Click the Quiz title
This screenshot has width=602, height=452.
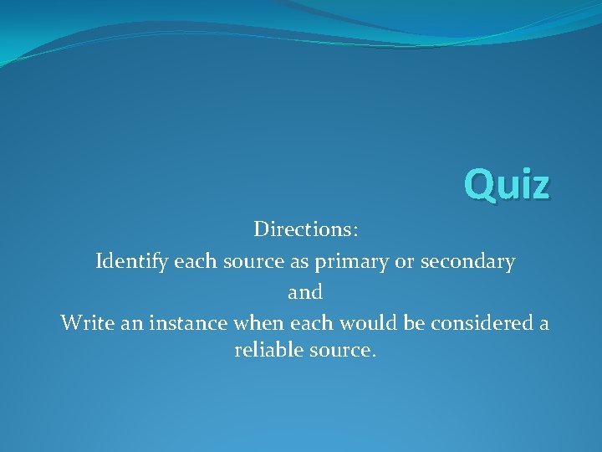pos(508,184)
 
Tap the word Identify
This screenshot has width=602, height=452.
pos(131,261)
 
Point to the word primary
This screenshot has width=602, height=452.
pos(352,262)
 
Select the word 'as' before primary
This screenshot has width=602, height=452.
pos(300,262)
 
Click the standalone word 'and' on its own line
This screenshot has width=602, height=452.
pos(305,293)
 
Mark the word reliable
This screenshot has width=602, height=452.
pos(267,350)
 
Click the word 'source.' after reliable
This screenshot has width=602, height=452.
pos(341,350)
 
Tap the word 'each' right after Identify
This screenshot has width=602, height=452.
pos(193,261)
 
